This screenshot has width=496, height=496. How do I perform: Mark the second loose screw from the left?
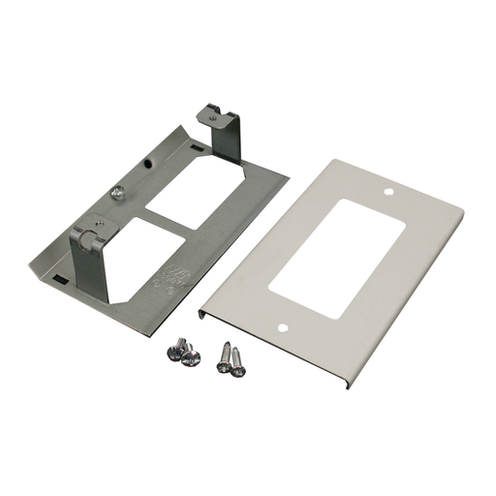(192, 358)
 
